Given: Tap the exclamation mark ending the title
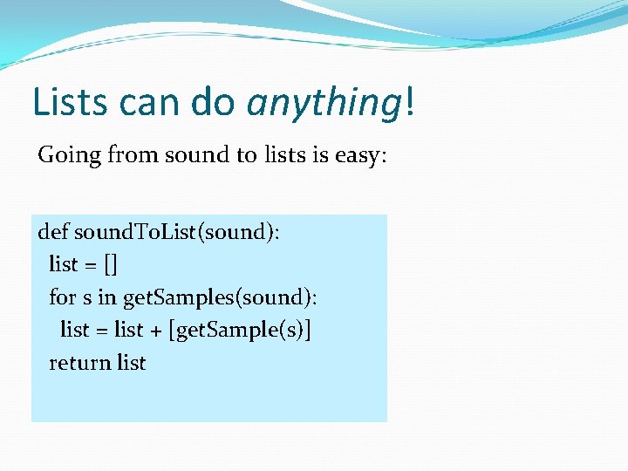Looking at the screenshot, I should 409,102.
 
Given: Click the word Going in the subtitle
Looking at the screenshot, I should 69,156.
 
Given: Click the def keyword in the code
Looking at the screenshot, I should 54,232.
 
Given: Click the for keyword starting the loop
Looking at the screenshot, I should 63,297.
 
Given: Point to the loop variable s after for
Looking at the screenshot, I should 87,298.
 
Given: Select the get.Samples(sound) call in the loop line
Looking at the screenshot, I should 220,298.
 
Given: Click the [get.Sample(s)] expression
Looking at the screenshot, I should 245,331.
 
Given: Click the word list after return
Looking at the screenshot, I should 131,363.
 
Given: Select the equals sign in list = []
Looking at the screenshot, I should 91,265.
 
